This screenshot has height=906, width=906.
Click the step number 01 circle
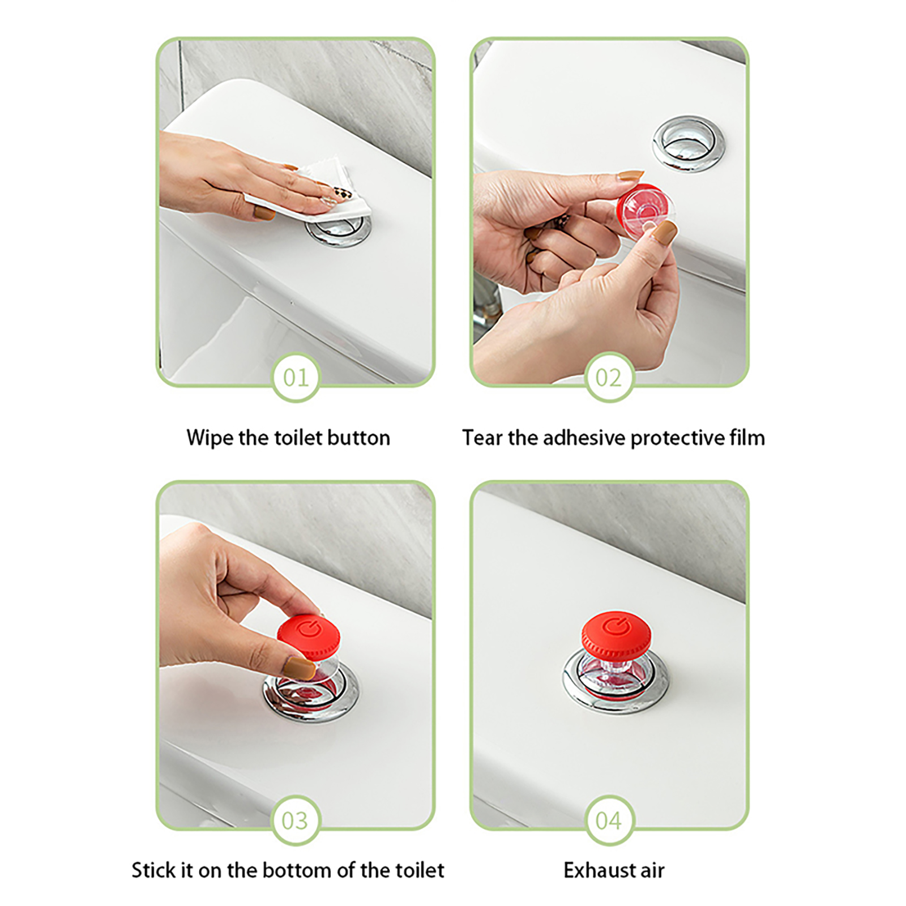tap(296, 377)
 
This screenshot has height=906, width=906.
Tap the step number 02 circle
tap(609, 377)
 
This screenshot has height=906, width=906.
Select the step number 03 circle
tap(296, 820)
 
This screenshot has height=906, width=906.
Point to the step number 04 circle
tap(609, 820)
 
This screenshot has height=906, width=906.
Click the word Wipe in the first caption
tap(210, 438)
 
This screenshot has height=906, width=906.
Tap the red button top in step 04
tap(616, 633)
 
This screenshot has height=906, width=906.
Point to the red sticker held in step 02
tap(644, 210)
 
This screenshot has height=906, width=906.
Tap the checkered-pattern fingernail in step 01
tap(342, 193)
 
